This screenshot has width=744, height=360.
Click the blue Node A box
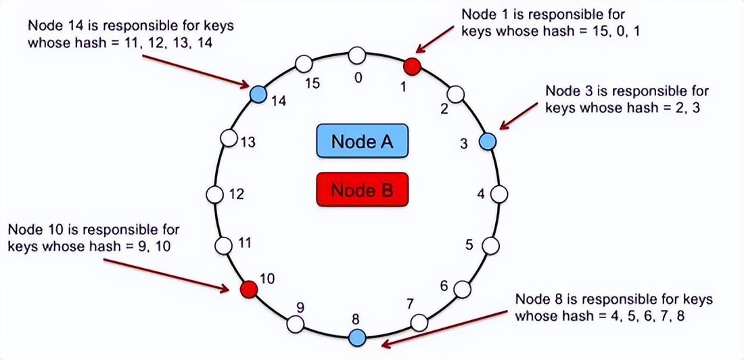[x=362, y=141]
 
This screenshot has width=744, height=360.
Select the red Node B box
[x=362, y=190]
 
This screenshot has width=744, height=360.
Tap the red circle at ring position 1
[x=413, y=66]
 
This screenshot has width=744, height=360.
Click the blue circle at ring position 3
[x=488, y=141]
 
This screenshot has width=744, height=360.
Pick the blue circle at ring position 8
[x=356, y=336]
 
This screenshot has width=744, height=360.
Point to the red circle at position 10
[x=250, y=289]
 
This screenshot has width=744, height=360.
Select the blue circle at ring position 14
[x=258, y=93]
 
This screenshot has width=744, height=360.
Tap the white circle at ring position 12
[x=214, y=195]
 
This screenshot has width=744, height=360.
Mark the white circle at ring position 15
[x=304, y=65]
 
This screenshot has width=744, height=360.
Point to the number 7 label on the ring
[x=410, y=303]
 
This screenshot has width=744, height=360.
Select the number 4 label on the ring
[x=481, y=194]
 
